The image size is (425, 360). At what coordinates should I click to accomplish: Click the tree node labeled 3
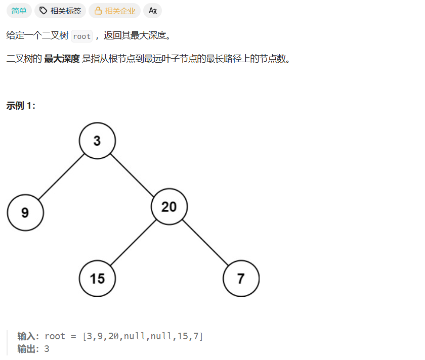click(97, 141)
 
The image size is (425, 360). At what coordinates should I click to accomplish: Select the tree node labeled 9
click(25, 212)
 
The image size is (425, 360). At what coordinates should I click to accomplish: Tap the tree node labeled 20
click(169, 206)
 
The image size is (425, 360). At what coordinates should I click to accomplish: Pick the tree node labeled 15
click(97, 278)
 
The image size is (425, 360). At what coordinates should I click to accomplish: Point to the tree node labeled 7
click(241, 278)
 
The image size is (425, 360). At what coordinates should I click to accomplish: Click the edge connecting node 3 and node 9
click(61, 176)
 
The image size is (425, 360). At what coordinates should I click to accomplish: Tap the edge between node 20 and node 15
click(133, 242)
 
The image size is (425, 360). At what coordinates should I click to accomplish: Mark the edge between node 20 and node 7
click(205, 242)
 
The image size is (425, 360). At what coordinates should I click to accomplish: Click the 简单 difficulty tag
click(19, 11)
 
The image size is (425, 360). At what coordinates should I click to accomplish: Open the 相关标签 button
click(60, 11)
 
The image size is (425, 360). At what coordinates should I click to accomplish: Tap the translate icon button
click(152, 11)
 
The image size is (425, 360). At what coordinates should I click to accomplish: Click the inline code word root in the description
click(81, 36)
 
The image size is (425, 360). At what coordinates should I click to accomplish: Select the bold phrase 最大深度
click(62, 59)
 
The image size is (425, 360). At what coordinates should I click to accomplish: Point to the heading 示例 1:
click(21, 105)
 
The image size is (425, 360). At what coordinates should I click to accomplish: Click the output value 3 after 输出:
click(47, 349)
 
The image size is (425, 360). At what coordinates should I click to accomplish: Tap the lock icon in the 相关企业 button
click(98, 11)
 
